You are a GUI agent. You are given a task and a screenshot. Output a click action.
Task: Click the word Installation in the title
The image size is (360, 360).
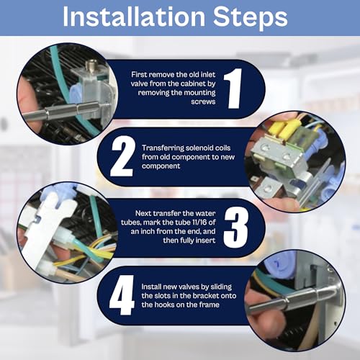134,17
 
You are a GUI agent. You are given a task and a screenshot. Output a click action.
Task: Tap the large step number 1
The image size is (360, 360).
233,88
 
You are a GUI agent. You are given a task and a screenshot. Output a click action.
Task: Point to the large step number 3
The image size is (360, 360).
236,227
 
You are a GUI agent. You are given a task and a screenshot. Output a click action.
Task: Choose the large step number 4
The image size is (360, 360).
122,295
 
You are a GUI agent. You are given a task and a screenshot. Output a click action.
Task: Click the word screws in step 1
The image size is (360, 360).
203,102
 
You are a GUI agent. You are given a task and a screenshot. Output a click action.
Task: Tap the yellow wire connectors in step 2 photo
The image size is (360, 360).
287,128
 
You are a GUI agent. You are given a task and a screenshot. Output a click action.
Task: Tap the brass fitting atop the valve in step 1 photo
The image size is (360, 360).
91,64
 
